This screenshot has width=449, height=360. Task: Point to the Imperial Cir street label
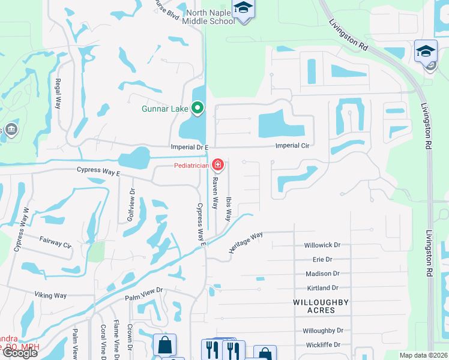click(292, 146)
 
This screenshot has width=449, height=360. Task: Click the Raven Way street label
click(214, 192)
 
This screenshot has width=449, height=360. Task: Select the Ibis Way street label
click(228, 208)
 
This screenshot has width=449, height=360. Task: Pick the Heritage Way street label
click(246, 242)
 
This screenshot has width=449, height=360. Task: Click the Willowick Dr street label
click(322, 245)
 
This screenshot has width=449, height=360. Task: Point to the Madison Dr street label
click(322, 274)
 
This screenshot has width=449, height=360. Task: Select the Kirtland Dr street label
click(322, 288)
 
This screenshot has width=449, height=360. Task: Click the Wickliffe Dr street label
click(322, 344)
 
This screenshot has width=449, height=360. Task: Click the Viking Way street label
click(51, 295)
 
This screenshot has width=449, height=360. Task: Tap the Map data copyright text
click(423, 355)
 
